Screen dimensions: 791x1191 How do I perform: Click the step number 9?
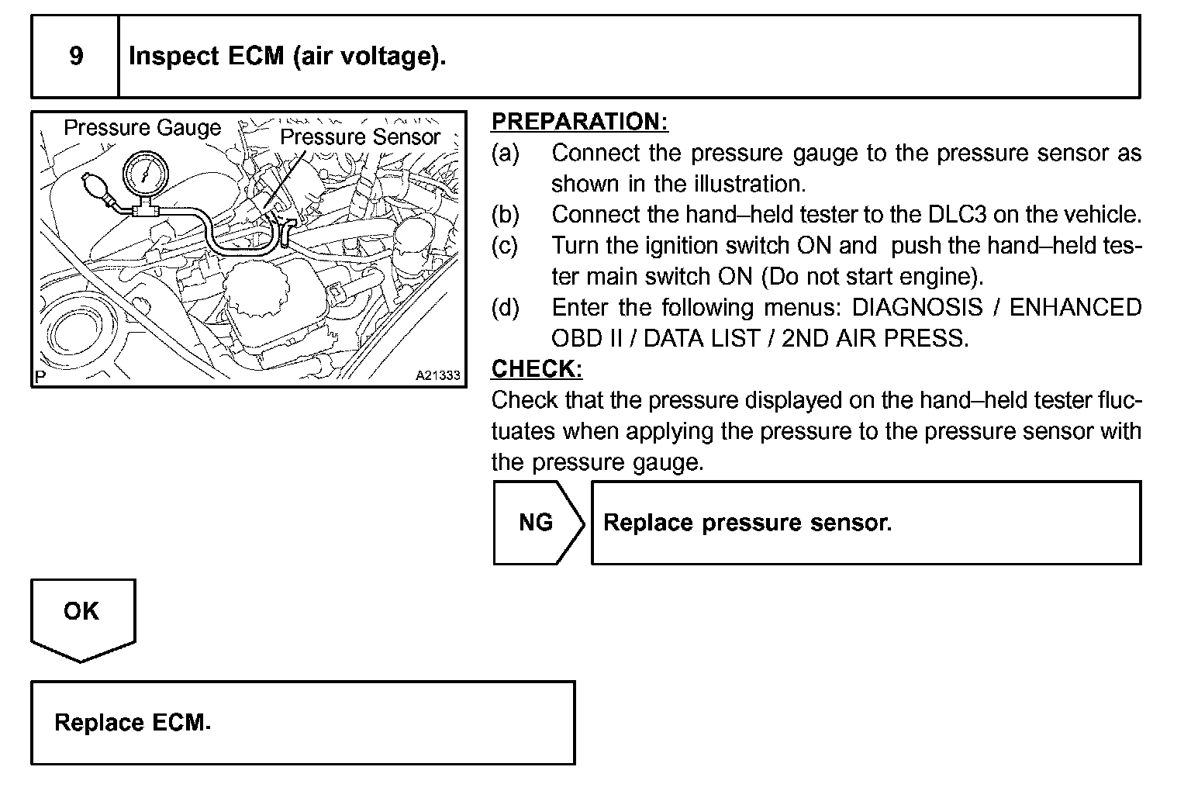76,56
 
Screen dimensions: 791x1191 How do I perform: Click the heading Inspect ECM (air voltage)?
287,57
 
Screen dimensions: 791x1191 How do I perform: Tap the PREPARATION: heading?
579,122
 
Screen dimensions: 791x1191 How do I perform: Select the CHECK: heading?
537,369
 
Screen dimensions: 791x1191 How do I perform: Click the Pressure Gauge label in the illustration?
142,128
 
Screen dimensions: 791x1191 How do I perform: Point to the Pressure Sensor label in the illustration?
360,137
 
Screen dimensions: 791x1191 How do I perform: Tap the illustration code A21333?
437,375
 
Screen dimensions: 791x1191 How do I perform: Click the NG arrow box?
537,523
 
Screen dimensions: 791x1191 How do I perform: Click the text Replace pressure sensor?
747,523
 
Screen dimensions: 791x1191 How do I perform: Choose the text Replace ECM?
132,723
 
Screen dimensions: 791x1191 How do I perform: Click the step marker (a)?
505,153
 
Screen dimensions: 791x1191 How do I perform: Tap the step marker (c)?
505,246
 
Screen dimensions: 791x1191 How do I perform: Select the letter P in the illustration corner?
40,377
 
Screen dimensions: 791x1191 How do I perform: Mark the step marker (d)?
505,308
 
